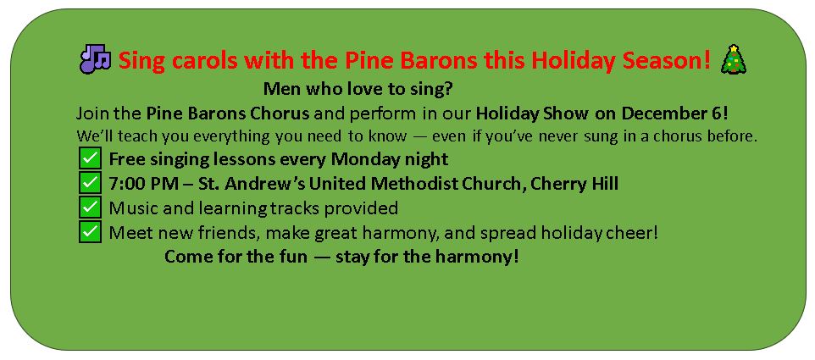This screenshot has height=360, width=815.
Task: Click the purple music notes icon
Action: pyautogui.click(x=95, y=58)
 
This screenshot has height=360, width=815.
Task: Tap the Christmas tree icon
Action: pyautogui.click(x=734, y=59)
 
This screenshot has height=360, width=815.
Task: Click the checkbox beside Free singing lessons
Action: pyautogui.click(x=90, y=158)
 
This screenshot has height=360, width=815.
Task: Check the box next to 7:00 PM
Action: pyautogui.click(x=90, y=183)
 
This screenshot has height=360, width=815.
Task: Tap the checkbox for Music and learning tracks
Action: pyautogui.click(x=90, y=208)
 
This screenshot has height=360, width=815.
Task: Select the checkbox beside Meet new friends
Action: pyautogui.click(x=90, y=232)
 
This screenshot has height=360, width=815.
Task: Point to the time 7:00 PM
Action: pyautogui.click(x=137, y=183)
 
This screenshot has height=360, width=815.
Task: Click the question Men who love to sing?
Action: pyautogui.click(x=358, y=89)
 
